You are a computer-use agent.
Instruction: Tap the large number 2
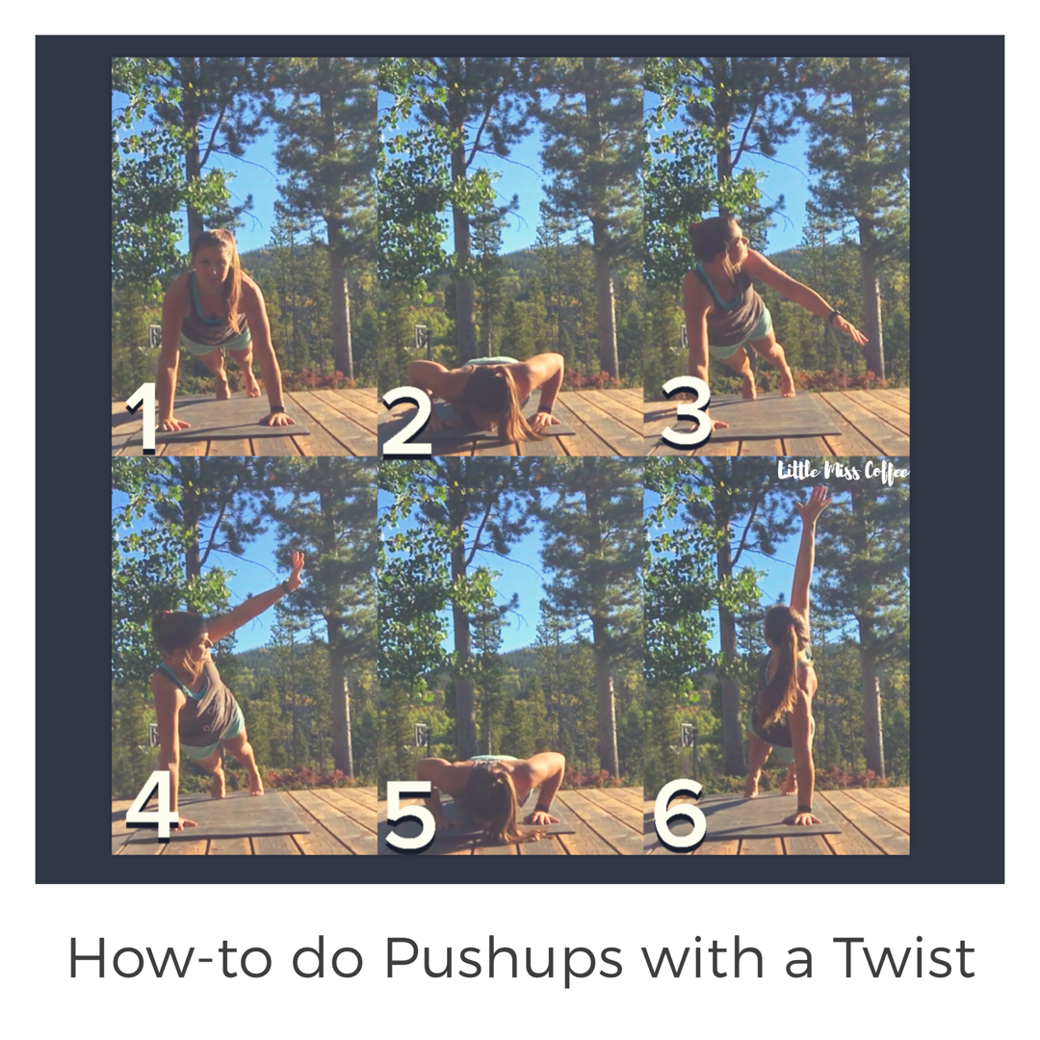tap(407, 423)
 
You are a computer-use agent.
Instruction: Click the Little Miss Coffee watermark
tap(843, 472)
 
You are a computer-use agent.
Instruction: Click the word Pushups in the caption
tap(504, 960)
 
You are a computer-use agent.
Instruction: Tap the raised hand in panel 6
tap(813, 502)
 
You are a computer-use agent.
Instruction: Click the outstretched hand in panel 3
tap(853, 331)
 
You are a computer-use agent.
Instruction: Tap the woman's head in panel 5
tap(491, 799)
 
